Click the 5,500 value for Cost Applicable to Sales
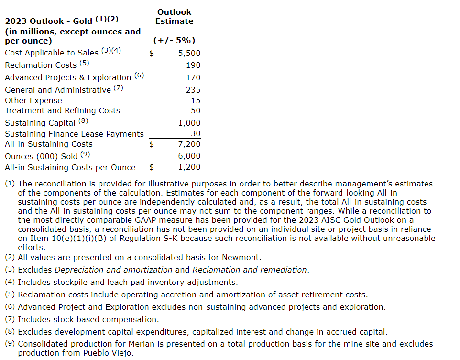tap(189, 54)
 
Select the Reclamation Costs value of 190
tap(193, 65)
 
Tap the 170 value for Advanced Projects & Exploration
tap(193, 77)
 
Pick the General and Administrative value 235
tap(193, 90)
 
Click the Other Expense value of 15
tap(196, 100)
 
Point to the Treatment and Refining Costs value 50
tap(196, 111)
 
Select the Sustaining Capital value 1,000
tap(189, 123)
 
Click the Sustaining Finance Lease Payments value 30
tap(196, 134)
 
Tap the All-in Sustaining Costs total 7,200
tap(189, 144)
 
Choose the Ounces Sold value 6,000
tap(189, 156)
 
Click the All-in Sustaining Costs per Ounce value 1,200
tap(189, 167)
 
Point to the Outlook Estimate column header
tap(174, 17)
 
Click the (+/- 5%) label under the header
tap(174, 41)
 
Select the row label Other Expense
tap(33, 100)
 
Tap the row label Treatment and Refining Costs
tap(62, 111)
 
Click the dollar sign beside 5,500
tap(152, 54)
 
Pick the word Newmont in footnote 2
tap(243, 258)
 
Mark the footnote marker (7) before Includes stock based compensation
tap(10, 319)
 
